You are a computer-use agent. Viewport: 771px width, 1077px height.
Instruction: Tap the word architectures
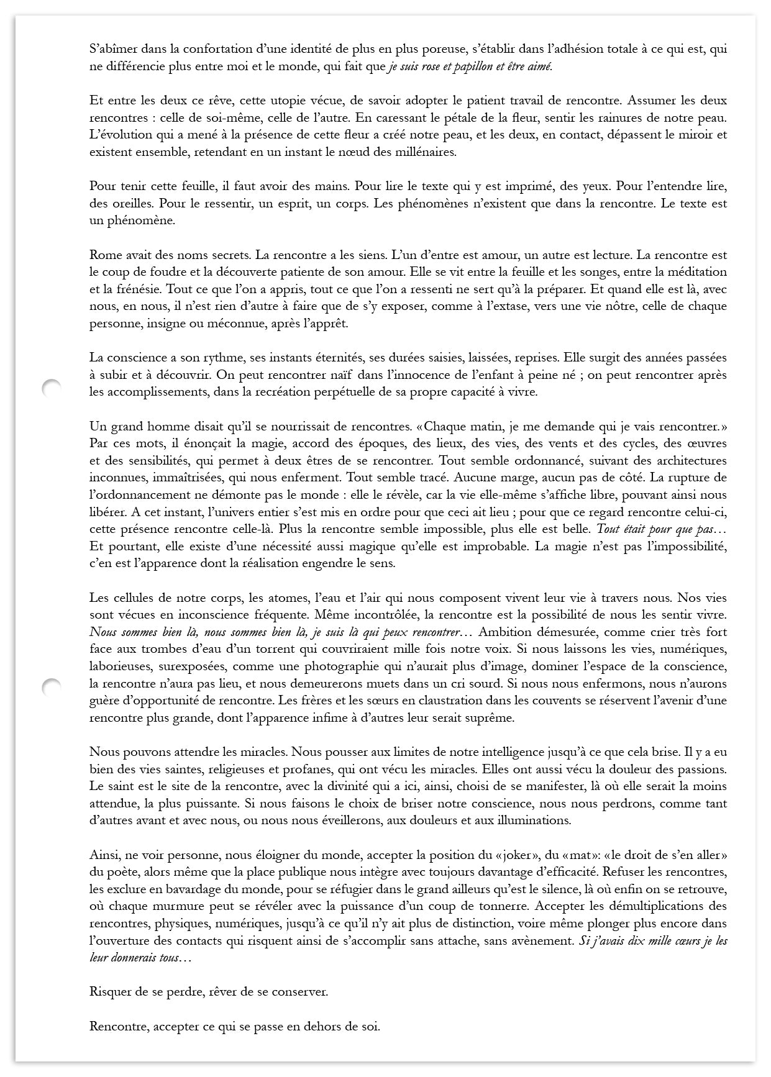[691, 461]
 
